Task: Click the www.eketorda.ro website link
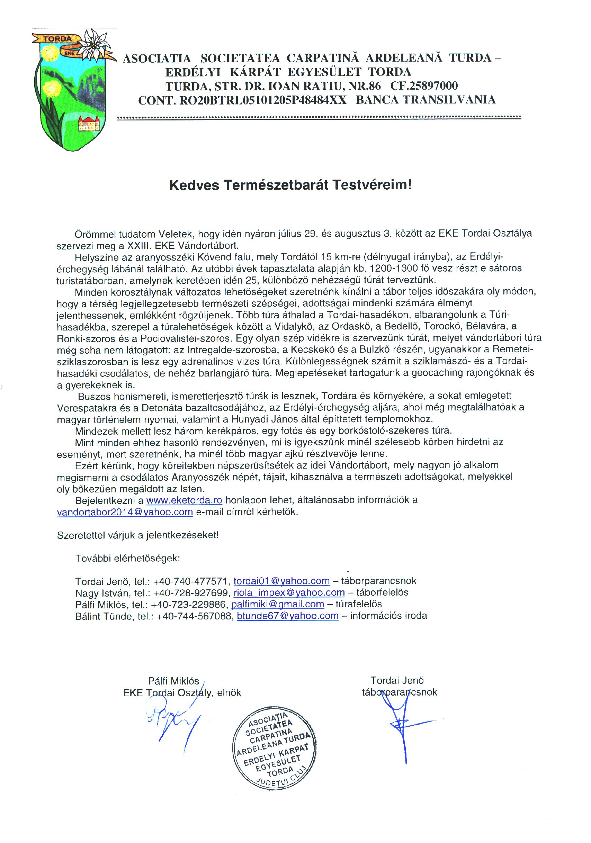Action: click(184, 500)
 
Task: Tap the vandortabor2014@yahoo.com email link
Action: click(125, 512)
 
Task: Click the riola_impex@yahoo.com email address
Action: click(289, 592)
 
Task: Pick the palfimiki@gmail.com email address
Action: click(278, 604)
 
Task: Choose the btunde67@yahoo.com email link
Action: click(288, 616)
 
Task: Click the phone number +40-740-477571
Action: click(192, 581)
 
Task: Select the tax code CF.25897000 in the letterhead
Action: click(424, 86)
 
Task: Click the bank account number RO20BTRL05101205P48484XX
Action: click(262, 100)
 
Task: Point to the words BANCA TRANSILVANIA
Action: click(426, 100)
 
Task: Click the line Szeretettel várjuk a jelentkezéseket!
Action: click(138, 535)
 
